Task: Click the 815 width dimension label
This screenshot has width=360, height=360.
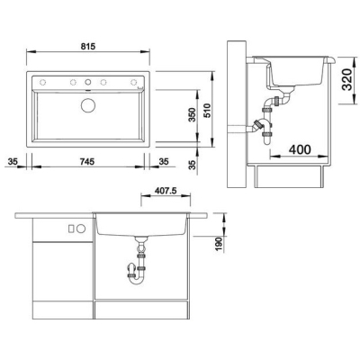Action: [88, 47]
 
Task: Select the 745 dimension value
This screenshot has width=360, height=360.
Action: [87, 162]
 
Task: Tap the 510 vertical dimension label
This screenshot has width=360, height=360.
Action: [207, 111]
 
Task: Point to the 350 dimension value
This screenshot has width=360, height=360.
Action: [192, 114]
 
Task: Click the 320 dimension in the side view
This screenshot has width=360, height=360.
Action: [346, 79]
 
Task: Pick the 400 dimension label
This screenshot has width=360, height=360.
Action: [300, 149]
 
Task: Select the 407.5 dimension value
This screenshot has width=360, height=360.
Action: [166, 191]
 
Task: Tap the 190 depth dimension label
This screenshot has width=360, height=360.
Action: [220, 245]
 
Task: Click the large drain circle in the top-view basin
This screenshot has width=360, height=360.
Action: [88, 105]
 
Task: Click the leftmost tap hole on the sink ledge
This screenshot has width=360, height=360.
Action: [43, 82]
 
